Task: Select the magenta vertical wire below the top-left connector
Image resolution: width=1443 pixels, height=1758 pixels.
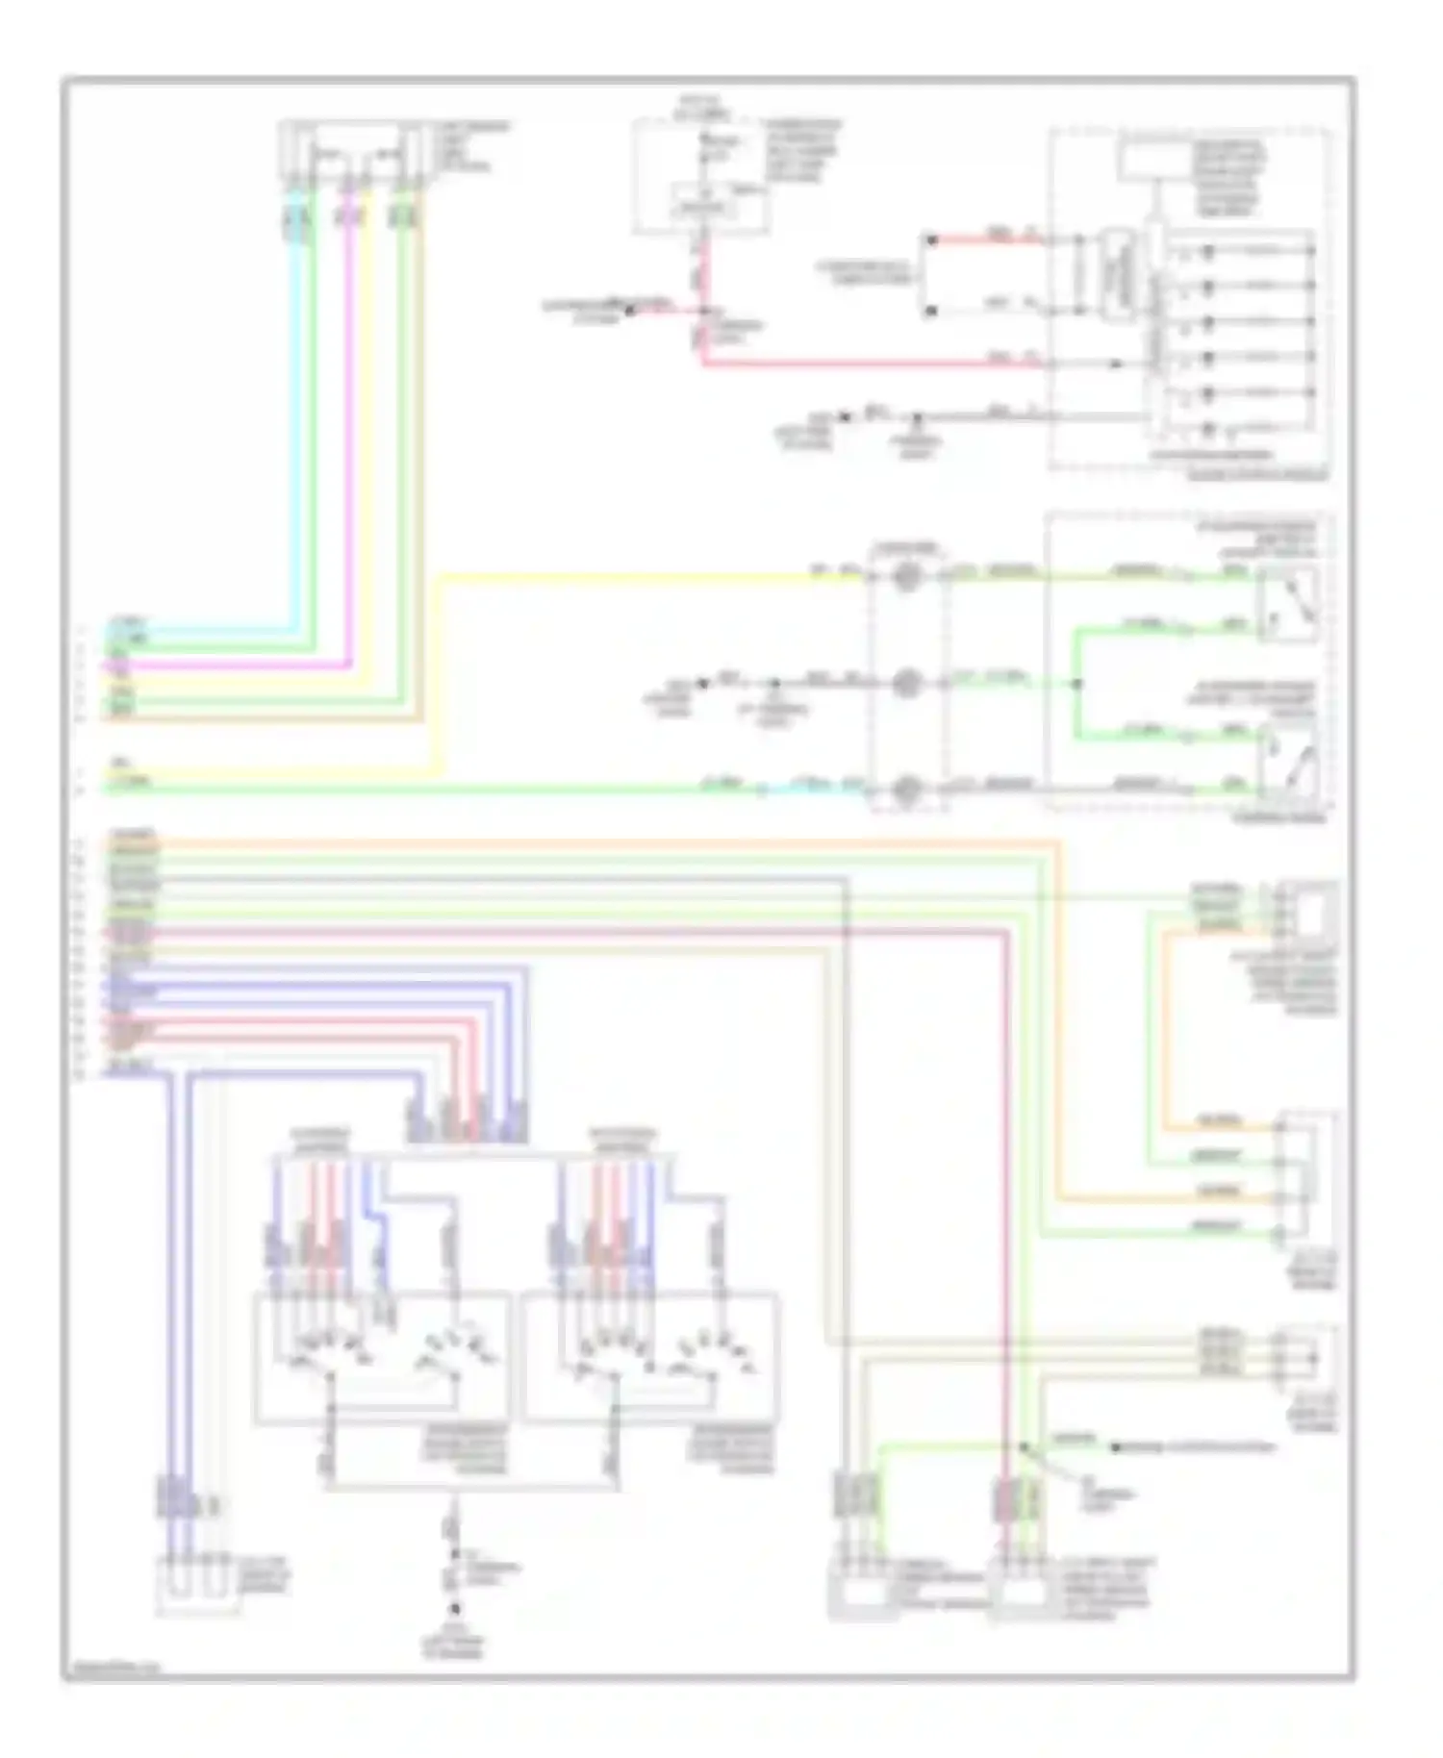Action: click(x=350, y=433)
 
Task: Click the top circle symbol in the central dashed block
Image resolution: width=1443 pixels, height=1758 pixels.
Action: click(x=906, y=578)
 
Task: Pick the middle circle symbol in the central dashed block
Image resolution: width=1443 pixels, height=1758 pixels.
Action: click(x=906, y=684)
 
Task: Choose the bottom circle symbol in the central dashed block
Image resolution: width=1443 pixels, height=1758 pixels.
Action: click(x=906, y=791)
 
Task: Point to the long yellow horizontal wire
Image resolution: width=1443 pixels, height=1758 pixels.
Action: click(x=654, y=577)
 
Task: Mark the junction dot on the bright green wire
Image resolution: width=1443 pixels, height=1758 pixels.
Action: click(x=1077, y=684)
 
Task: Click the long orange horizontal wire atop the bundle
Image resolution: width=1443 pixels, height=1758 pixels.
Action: click(x=577, y=843)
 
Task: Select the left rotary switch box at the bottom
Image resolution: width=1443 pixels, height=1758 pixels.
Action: click(x=381, y=1358)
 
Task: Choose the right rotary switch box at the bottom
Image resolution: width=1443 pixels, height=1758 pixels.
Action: click(x=650, y=1358)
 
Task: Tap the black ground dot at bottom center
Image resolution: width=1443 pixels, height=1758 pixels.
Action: click(x=456, y=1608)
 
